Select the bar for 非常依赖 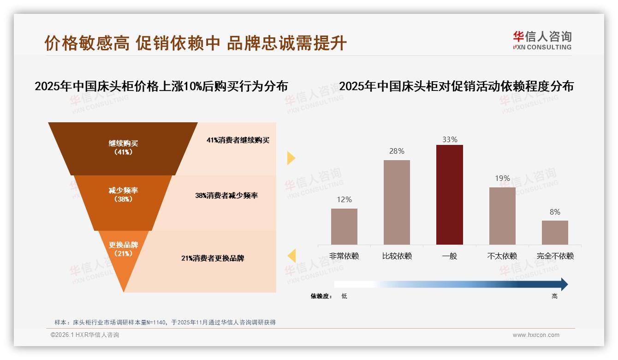[x=344, y=226]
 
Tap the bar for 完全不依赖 [x=555, y=232]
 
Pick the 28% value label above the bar [x=397, y=151]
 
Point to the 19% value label [x=502, y=178]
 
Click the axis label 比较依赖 [x=397, y=256]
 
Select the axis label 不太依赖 [x=502, y=256]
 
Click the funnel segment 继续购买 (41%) [x=123, y=148]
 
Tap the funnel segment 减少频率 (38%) [x=123, y=195]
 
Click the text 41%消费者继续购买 [x=238, y=140]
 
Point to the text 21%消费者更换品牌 [x=213, y=258]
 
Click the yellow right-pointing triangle [x=291, y=158]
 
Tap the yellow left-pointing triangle [x=291, y=255]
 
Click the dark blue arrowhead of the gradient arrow [x=564, y=284]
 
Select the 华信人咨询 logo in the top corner [x=542, y=41]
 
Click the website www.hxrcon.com [x=535, y=335]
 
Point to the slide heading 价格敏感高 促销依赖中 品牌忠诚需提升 [x=196, y=43]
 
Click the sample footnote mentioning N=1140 [x=165, y=322]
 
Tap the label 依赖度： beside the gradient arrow [x=321, y=296]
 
